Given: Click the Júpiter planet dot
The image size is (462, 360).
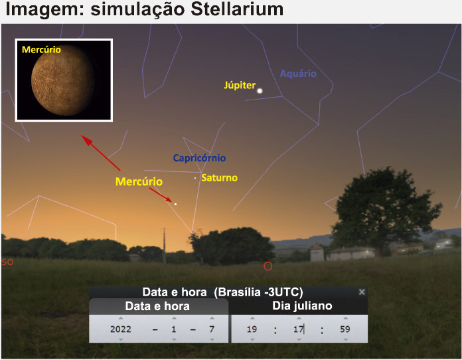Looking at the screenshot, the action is tap(260, 91).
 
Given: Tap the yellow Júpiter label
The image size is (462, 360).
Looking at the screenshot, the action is tap(240, 85).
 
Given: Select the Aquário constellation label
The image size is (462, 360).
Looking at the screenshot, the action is tap(298, 74).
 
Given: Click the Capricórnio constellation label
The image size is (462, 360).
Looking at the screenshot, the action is tap(200, 158).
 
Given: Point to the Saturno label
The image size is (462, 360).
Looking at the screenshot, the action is tap(219, 178).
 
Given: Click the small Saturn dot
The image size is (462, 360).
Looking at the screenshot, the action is tap(195, 178).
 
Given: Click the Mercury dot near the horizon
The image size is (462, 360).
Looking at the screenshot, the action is tap(176, 204).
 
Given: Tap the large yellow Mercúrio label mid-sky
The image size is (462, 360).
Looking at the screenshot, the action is tap(139, 181).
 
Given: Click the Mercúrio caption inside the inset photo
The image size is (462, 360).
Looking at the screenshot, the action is tap(41, 50).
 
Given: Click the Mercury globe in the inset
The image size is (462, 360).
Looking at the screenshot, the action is tap(63, 80).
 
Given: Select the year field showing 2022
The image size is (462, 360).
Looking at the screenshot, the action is tap(121, 329).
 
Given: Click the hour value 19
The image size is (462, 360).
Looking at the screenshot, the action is tap(252, 329).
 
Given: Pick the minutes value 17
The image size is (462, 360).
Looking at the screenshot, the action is tap(298, 329).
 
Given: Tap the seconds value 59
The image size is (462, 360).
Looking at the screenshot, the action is tap(345, 329).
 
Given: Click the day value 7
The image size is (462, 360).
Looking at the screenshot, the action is tap(212, 329).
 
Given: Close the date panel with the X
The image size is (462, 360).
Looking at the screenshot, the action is tap(362, 292).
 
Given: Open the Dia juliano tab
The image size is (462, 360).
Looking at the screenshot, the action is tap(302, 306).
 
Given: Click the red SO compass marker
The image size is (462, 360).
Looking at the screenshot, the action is tap(7, 262).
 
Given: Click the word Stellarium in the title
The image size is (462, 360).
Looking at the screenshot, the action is tap(237, 9).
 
